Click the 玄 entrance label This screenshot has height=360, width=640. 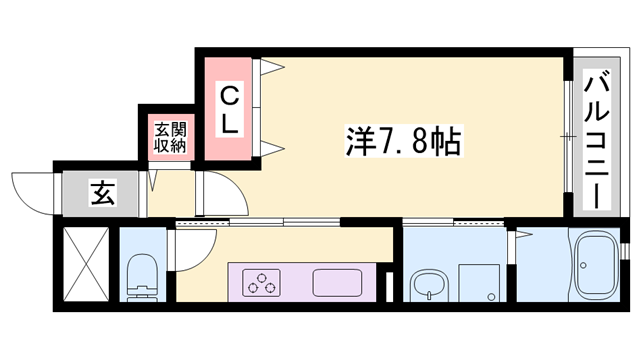102,193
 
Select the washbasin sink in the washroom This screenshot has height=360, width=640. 429,284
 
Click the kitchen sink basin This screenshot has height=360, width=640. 342,282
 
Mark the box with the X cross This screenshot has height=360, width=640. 84,265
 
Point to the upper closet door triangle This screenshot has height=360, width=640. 272,69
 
